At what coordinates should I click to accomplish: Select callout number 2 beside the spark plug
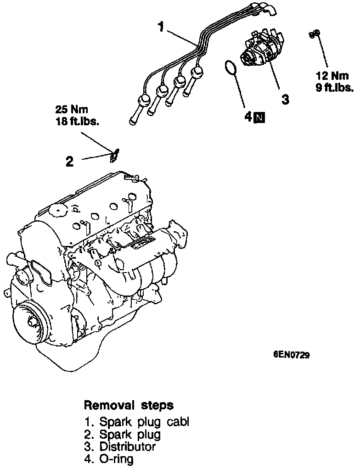[x=69, y=162]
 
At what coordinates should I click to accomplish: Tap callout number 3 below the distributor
[x=285, y=100]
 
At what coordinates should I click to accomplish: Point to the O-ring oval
[x=231, y=67]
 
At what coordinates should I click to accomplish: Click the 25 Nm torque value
[x=71, y=110]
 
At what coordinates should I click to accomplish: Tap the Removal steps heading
[x=129, y=406]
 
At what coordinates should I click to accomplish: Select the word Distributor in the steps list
[x=127, y=447]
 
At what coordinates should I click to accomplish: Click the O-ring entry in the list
[x=116, y=458]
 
